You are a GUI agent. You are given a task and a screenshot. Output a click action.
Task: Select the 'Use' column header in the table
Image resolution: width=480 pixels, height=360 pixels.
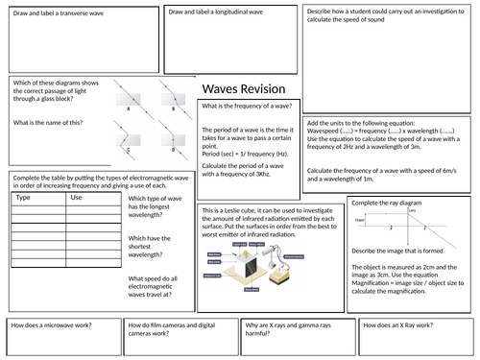pos(77,197)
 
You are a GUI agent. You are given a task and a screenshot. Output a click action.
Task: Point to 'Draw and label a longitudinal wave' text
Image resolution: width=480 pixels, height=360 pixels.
pos(217,12)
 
